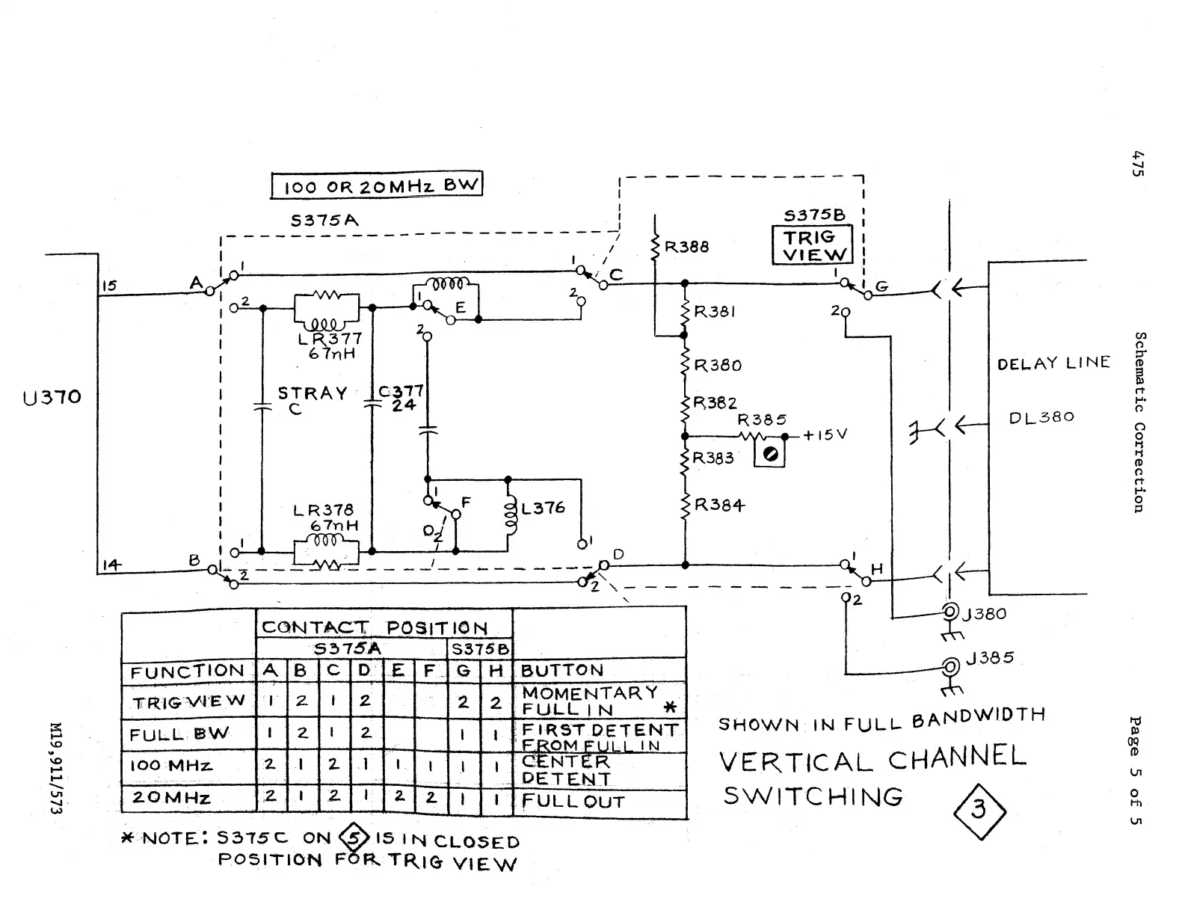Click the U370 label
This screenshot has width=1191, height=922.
pyautogui.click(x=52, y=397)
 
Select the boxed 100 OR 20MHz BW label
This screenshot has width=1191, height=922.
pyautogui.click(x=376, y=185)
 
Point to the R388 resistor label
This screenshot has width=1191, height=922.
pyautogui.click(x=686, y=247)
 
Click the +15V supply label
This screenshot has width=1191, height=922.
pyautogui.click(x=825, y=434)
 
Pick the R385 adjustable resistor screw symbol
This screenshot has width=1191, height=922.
pyautogui.click(x=771, y=455)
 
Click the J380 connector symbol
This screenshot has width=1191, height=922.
pyautogui.click(x=950, y=612)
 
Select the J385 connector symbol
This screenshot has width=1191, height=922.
pyautogui.click(x=952, y=666)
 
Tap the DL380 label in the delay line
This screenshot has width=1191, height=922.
pyautogui.click(x=1041, y=417)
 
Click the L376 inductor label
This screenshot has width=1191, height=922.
pyautogui.click(x=543, y=508)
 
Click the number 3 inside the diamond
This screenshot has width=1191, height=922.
pyautogui.click(x=979, y=809)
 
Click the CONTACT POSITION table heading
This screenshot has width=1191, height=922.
pyautogui.click(x=374, y=627)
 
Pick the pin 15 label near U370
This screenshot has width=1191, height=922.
pyautogui.click(x=109, y=286)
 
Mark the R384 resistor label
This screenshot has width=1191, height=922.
pyautogui.click(x=718, y=505)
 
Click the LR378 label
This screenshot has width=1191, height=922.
pyautogui.click(x=323, y=510)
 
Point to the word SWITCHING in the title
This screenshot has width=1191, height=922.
pyautogui.click(x=813, y=795)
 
